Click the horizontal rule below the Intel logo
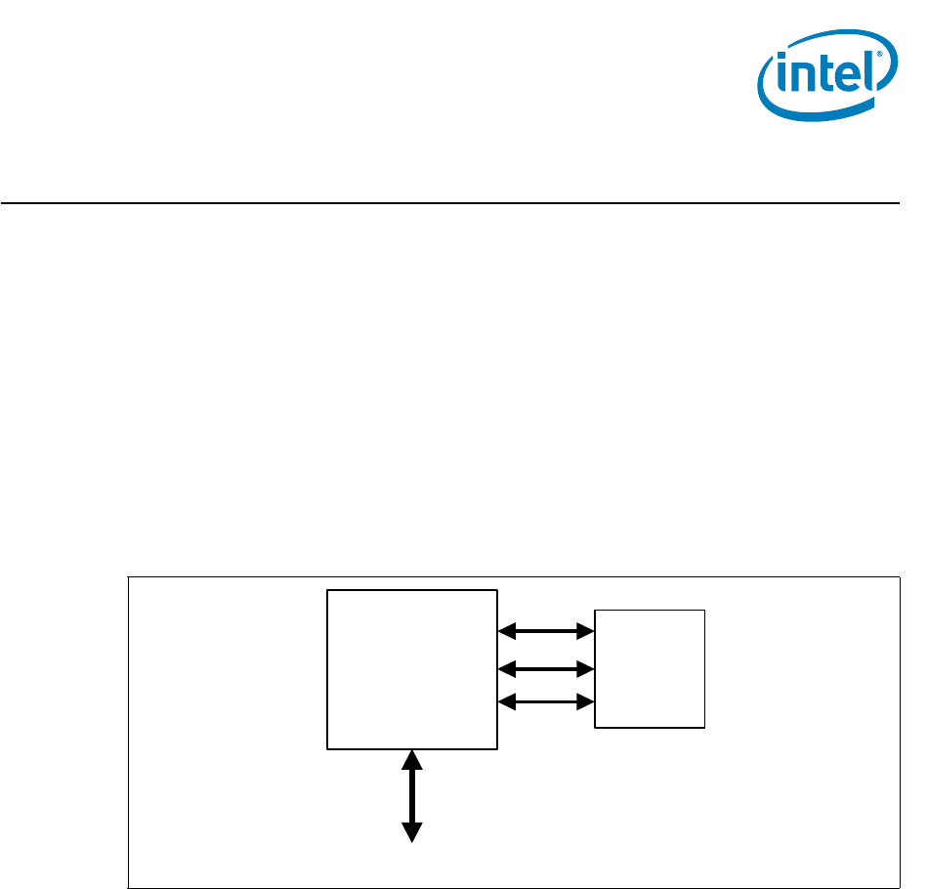click(449, 203)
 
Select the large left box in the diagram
click(411, 669)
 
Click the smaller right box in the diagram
click(650, 668)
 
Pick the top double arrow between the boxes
click(547, 632)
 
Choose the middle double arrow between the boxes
click(547, 669)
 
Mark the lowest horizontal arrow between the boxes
click(547, 701)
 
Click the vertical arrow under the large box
click(412, 795)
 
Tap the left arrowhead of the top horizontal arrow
click(506, 632)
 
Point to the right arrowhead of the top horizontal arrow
click(587, 632)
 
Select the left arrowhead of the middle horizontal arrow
click(506, 669)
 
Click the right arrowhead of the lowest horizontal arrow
click(587, 701)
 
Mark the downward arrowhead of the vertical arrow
click(412, 832)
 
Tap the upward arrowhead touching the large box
click(412, 759)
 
